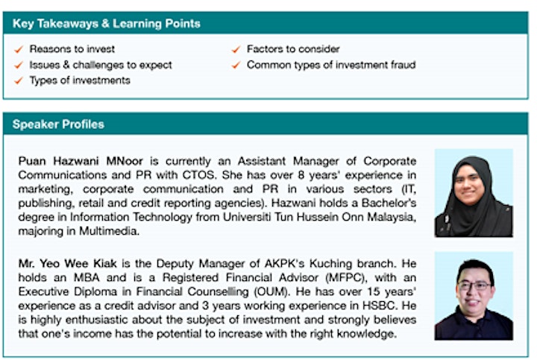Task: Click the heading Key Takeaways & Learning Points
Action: pyautogui.click(x=106, y=24)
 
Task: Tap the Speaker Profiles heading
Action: pyautogui.click(x=58, y=124)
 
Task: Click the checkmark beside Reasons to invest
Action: pyautogui.click(x=19, y=50)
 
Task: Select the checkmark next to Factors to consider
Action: pyautogui.click(x=236, y=50)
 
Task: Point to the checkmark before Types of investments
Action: pyautogui.click(x=19, y=80)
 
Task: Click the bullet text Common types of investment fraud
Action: pyautogui.click(x=331, y=65)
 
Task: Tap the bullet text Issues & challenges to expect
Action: pyautogui.click(x=101, y=65)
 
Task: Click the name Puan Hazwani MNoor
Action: pyautogui.click(x=81, y=161)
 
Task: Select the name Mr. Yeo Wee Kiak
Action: pyautogui.click(x=67, y=264)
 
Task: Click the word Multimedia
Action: pyautogui.click(x=109, y=231)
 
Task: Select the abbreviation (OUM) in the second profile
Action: pyautogui.click(x=271, y=291)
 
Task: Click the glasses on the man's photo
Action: pyautogui.click(x=474, y=286)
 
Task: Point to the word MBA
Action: pyautogui.click(x=87, y=277)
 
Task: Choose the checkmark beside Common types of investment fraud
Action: pyautogui.click(x=236, y=65)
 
